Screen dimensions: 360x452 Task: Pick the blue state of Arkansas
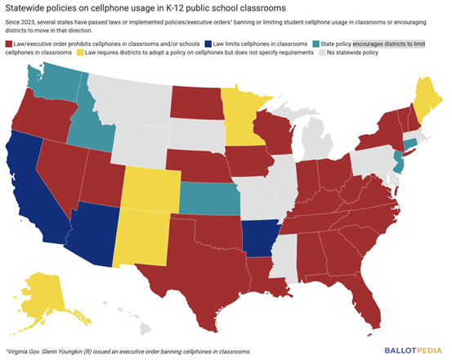tap(259, 237)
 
